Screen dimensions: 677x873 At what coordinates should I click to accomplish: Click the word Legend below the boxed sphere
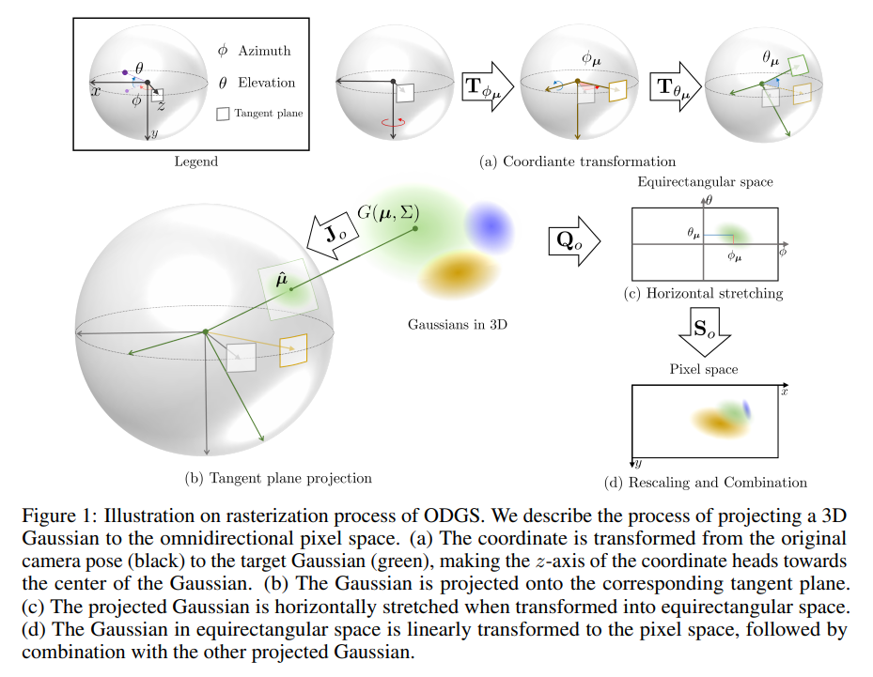pyautogui.click(x=195, y=162)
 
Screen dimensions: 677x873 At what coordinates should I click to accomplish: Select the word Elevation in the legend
pyautogui.click(x=268, y=83)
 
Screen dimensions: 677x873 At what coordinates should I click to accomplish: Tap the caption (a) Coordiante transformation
pyautogui.click(x=577, y=162)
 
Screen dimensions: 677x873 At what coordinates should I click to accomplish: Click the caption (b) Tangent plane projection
pyautogui.click(x=278, y=478)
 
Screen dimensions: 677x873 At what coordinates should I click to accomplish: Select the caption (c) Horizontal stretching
pyautogui.click(x=703, y=293)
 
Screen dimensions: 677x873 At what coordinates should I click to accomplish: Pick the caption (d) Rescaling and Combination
pyautogui.click(x=706, y=482)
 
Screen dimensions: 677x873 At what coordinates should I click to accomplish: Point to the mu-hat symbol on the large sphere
pyautogui.click(x=275, y=278)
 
